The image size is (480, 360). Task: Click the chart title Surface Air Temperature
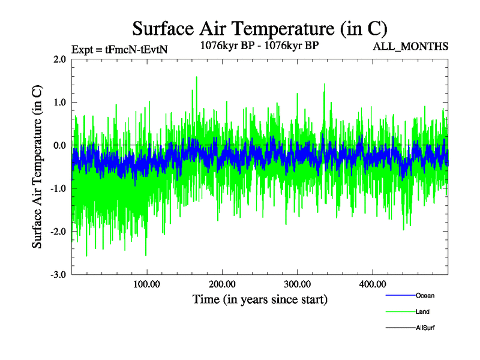coord(260,28)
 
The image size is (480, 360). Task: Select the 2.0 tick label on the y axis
coord(59,59)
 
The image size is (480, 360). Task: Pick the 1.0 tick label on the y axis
coord(59,103)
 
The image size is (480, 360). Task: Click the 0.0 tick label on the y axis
coord(59,146)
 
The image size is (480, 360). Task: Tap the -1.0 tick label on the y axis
coord(58,188)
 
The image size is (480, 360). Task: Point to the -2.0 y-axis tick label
coord(58,232)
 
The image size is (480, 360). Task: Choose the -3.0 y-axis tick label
coord(58,275)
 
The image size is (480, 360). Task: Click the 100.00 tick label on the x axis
coord(147,284)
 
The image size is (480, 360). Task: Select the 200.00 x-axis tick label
coord(222,284)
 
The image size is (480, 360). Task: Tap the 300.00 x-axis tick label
coord(297,284)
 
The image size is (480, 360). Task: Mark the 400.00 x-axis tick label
coord(372,284)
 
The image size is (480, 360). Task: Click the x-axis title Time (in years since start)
coord(260,299)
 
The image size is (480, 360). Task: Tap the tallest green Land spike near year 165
coord(196,78)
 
